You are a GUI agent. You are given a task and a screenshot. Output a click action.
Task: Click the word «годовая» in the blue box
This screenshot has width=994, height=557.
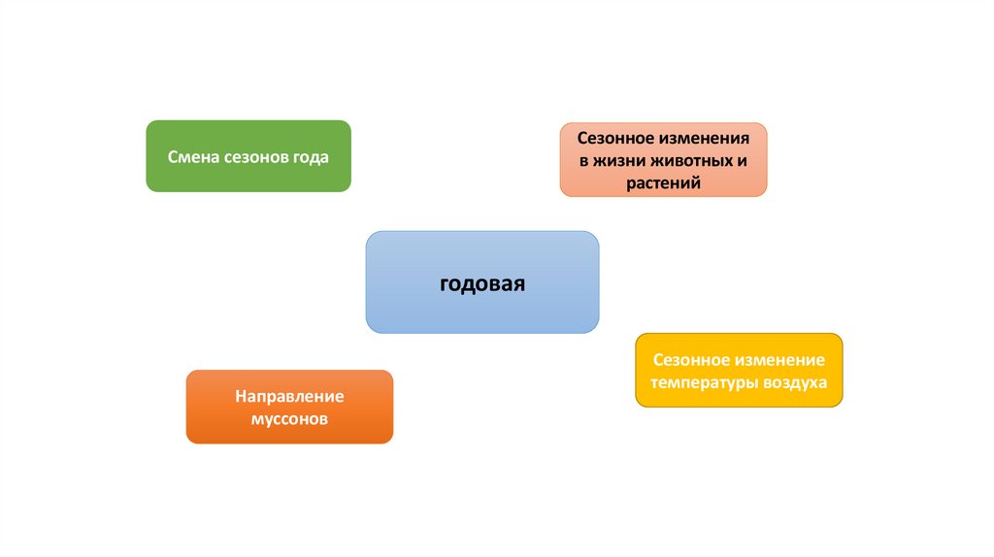[x=481, y=283]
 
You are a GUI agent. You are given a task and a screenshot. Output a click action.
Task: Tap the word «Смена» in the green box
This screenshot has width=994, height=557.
[x=191, y=156]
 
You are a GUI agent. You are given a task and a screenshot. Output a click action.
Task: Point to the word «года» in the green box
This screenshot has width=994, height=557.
[x=310, y=156]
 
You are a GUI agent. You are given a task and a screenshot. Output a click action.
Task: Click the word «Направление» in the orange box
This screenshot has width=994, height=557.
[x=289, y=397]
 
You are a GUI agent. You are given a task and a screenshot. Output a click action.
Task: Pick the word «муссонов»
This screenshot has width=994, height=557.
[x=289, y=419]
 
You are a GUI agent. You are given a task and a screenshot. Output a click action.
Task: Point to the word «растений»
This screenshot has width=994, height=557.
[x=664, y=181]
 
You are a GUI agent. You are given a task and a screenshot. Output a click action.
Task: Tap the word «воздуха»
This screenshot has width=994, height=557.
[x=796, y=382]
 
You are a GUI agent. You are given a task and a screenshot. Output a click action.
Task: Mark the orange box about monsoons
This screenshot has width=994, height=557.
[x=289, y=432]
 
